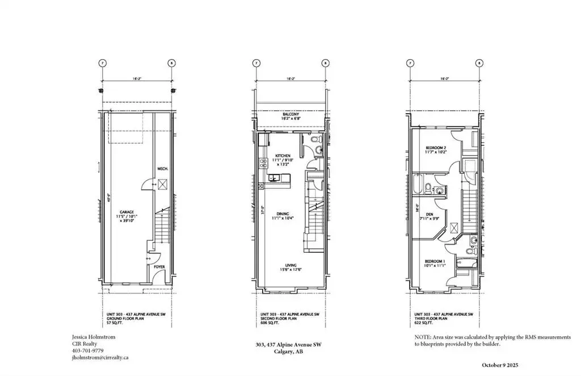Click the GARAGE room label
[127, 212]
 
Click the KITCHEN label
[283, 156]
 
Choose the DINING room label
[283, 214]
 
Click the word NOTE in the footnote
[423, 337]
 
